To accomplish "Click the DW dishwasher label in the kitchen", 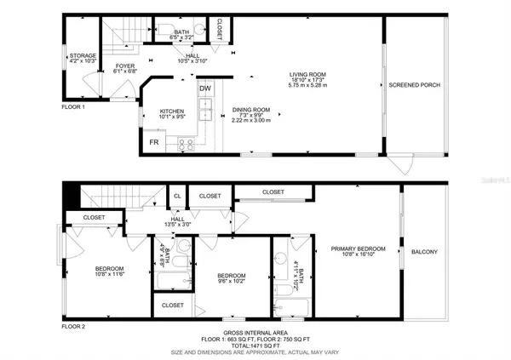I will pyautogui.click(x=205, y=88).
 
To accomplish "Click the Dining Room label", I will pyautogui.click(x=251, y=109).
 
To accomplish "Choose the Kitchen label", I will pyautogui.click(x=172, y=111).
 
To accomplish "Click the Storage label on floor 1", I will pyautogui.click(x=83, y=55).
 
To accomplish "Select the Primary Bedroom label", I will pyautogui.click(x=358, y=249).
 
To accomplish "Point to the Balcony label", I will pyautogui.click(x=424, y=251).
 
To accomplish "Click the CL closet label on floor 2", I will pyautogui.click(x=177, y=196).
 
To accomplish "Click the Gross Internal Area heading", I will pyautogui.click(x=254, y=333).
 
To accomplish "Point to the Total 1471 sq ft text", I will pyautogui.click(x=254, y=346).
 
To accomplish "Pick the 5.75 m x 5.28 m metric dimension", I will pyautogui.click(x=307, y=86).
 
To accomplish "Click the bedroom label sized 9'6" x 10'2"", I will pyautogui.click(x=232, y=276).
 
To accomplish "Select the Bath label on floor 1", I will pyautogui.click(x=182, y=30).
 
